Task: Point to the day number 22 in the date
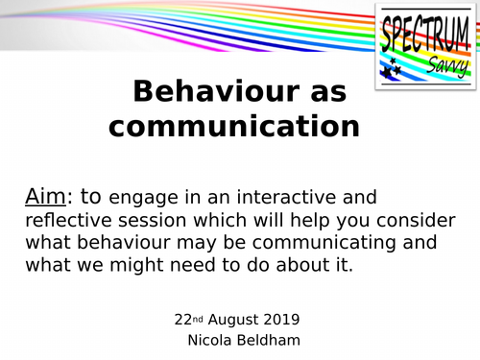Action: coord(183,319)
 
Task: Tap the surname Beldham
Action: coord(275,340)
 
